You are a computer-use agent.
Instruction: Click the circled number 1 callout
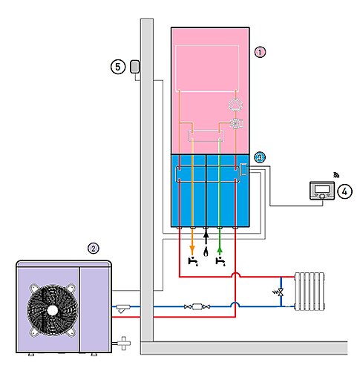click(260, 52)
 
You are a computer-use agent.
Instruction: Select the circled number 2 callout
click(94, 249)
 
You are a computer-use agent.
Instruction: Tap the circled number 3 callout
click(260, 157)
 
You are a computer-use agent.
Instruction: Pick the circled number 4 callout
click(344, 191)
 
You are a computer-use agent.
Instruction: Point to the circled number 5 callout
click(118, 67)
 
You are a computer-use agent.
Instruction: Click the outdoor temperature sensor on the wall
click(135, 67)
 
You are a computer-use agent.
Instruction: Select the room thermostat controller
click(322, 191)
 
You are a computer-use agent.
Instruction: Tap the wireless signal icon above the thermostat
click(336, 175)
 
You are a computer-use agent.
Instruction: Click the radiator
click(310, 292)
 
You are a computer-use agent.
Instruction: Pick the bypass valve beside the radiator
click(281, 292)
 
